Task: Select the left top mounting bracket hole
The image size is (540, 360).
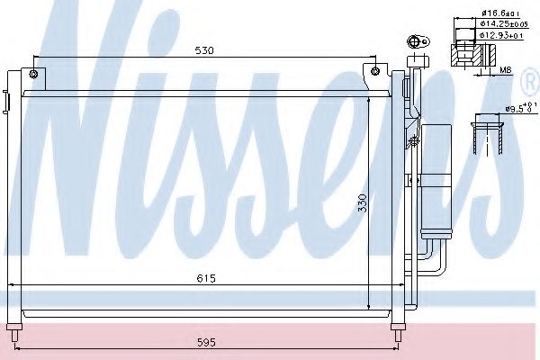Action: pos(33,73)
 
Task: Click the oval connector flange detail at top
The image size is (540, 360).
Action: pos(417,41)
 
